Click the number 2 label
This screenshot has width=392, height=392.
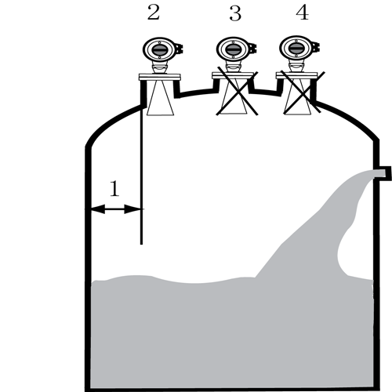(x=154, y=13)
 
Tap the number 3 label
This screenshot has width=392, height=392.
(x=235, y=13)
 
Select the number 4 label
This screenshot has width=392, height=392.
(x=303, y=13)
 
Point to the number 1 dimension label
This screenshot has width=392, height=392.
(x=114, y=188)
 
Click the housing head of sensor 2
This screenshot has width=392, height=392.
(x=159, y=49)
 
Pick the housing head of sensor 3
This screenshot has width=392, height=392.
(x=233, y=49)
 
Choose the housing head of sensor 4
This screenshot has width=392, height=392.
(x=296, y=48)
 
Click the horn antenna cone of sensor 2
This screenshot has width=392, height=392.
(x=160, y=97)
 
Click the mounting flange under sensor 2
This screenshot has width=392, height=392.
(x=159, y=77)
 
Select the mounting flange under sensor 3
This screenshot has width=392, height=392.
(x=233, y=75)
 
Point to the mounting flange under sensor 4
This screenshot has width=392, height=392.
(x=296, y=75)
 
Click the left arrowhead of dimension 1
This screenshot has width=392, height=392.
(x=98, y=209)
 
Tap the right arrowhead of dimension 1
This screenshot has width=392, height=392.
(x=132, y=209)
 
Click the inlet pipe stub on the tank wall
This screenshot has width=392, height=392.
(x=383, y=173)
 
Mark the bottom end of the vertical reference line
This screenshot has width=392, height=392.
(x=142, y=245)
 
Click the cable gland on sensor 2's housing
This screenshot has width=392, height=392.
(x=180, y=49)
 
